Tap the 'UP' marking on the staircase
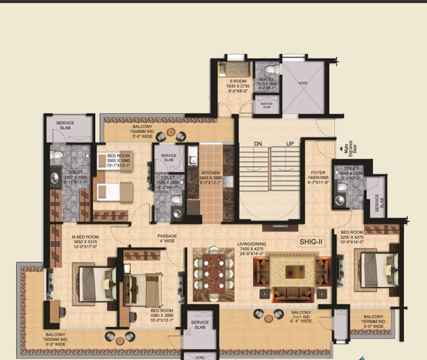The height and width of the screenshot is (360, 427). pos(289,144)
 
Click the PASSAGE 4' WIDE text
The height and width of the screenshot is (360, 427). pos(167,239)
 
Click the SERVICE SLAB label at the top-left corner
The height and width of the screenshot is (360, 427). pos(65,125)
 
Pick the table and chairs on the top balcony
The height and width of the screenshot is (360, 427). pos(171,133)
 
